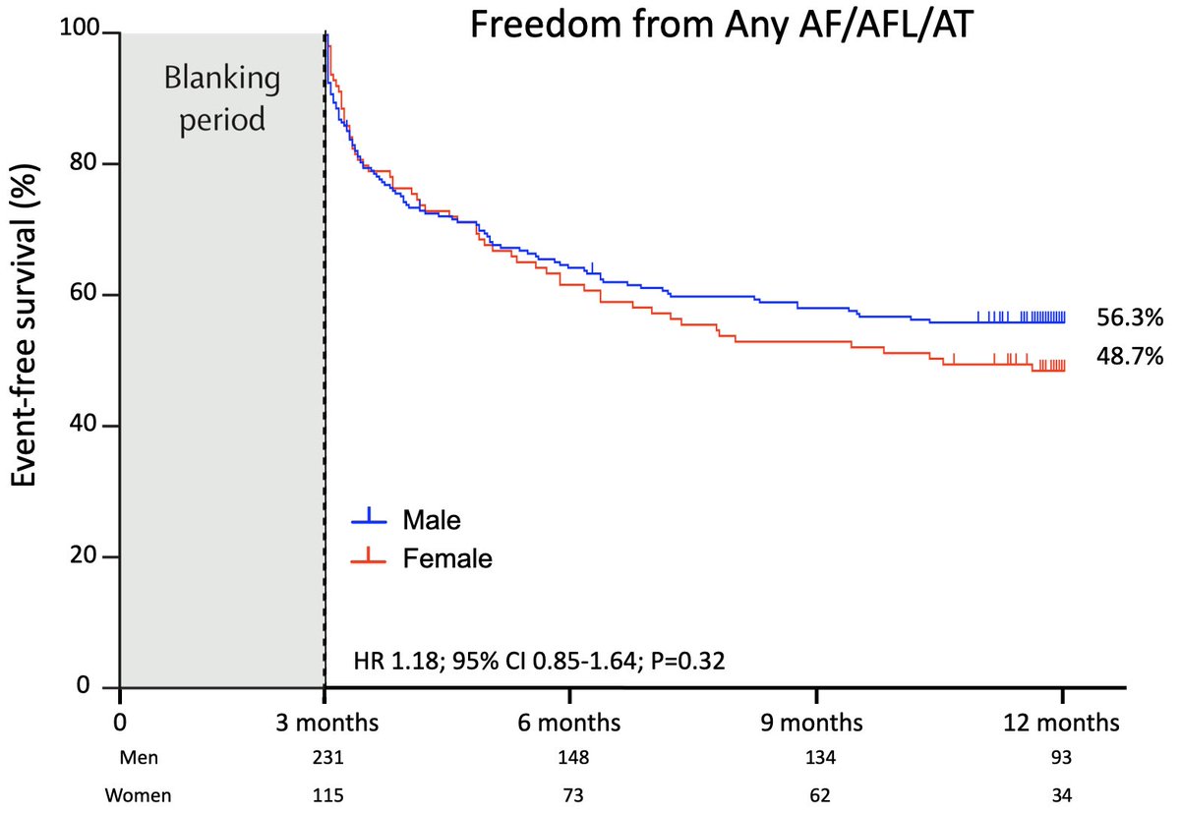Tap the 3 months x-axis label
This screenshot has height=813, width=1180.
point(324,724)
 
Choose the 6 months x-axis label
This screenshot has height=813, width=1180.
point(570,724)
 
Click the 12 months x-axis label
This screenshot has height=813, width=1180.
point(1062,724)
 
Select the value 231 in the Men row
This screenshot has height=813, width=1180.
point(324,759)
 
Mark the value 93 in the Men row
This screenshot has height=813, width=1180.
point(1062,759)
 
